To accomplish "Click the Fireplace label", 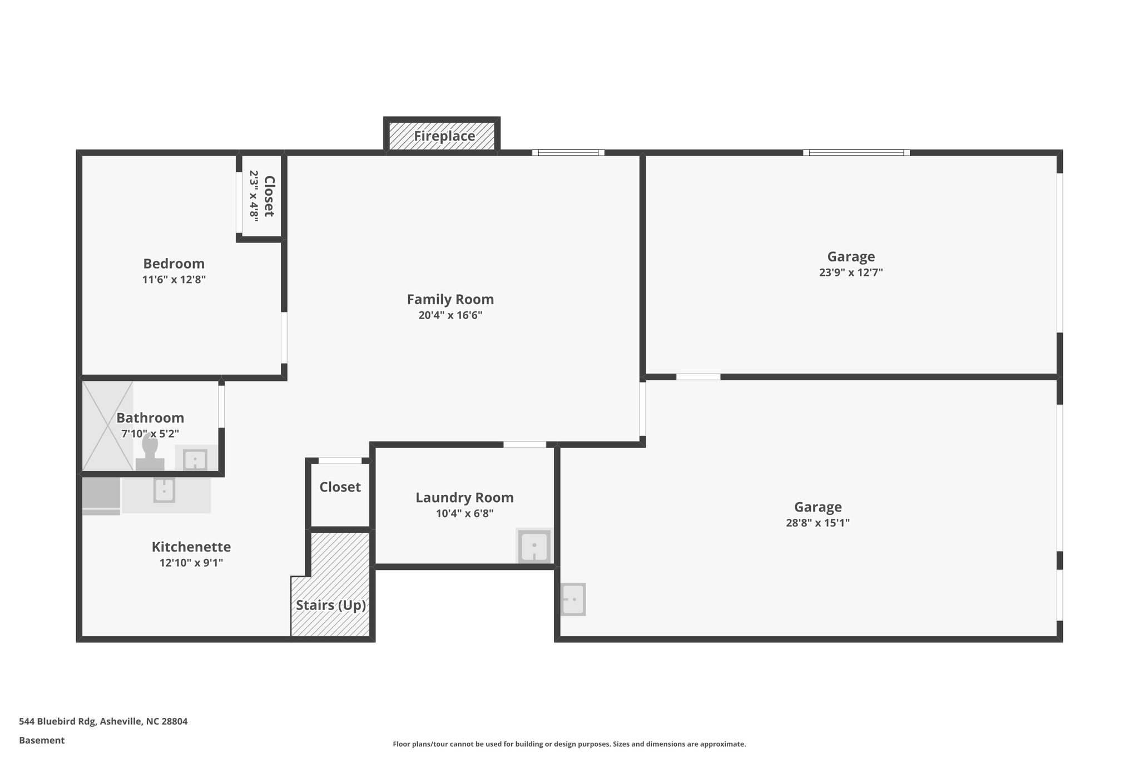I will click(444, 136).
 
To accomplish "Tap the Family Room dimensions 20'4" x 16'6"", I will click(450, 316).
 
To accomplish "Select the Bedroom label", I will click(174, 264).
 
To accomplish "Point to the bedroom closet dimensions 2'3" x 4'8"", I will click(254, 196).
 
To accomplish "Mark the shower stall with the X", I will click(107, 426).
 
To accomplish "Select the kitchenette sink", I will click(164, 490).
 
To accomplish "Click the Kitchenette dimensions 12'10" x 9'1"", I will click(191, 563).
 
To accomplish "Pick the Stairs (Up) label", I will click(331, 605).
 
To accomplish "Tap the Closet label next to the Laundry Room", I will click(340, 487).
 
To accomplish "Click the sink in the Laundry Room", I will click(534, 546).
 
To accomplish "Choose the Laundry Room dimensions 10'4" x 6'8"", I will click(464, 514).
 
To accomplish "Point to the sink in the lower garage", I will click(573, 599).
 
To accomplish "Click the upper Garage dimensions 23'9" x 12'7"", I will click(850, 273).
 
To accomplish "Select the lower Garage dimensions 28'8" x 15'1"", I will click(818, 523).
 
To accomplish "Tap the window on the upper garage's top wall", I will click(856, 152).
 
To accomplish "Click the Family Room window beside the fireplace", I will click(568, 152).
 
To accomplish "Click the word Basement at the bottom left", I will click(42, 741).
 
